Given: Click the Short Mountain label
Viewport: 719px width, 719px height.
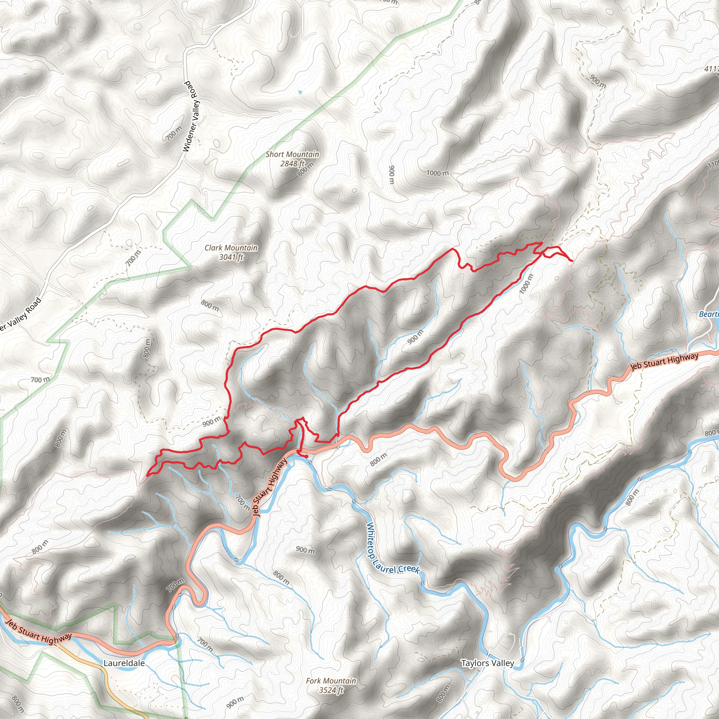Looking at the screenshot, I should click(292, 154).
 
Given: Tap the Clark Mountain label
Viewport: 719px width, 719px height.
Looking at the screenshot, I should click(231, 248).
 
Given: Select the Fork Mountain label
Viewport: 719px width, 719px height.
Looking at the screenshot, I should click(331, 681).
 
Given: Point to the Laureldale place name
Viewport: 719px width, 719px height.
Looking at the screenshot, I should click(124, 663).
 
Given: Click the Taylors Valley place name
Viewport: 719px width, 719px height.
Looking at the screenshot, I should click(487, 663).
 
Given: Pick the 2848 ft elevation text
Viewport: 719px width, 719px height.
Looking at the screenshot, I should click(292, 163).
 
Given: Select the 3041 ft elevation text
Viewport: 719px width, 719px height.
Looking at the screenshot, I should click(231, 257).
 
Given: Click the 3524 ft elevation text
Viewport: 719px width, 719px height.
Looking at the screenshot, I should click(331, 690).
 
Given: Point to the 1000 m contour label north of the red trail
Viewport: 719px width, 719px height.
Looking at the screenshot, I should click(437, 173).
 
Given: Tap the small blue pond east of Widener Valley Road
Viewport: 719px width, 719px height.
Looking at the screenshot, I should click(300, 91).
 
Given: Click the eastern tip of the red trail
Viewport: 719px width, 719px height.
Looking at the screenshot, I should click(572, 261).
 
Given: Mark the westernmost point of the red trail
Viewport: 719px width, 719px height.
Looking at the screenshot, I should click(148, 475).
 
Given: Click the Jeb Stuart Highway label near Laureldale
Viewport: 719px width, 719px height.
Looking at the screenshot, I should click(39, 631).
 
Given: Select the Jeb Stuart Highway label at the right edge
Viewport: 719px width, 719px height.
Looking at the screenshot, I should click(664, 361).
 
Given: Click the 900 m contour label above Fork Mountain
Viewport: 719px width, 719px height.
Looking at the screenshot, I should click(305, 550).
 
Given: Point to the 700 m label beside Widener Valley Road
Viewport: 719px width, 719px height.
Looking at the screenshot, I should click(174, 133).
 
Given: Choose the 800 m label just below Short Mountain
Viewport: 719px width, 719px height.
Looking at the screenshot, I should click(306, 169).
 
